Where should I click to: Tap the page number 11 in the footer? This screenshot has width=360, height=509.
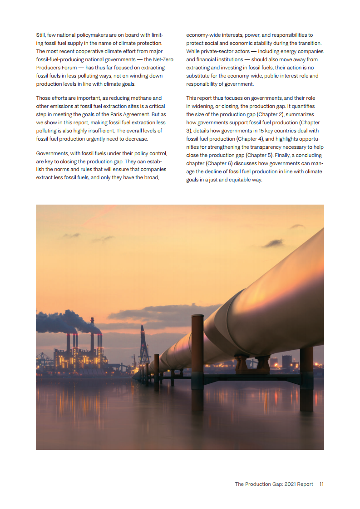[321, 484]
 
